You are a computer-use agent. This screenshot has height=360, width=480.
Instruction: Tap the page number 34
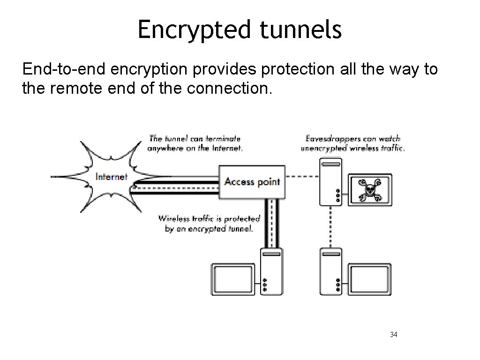click(x=394, y=335)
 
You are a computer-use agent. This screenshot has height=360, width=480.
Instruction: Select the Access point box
click(x=252, y=182)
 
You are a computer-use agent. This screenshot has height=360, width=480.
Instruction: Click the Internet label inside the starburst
click(x=111, y=177)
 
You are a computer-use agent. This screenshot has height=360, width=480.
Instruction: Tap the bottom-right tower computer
click(x=331, y=271)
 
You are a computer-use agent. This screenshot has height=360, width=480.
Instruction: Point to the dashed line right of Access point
click(x=302, y=177)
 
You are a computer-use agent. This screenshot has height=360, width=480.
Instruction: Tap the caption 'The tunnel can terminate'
click(x=195, y=139)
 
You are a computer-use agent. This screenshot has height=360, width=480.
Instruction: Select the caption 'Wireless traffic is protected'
click(x=209, y=219)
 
